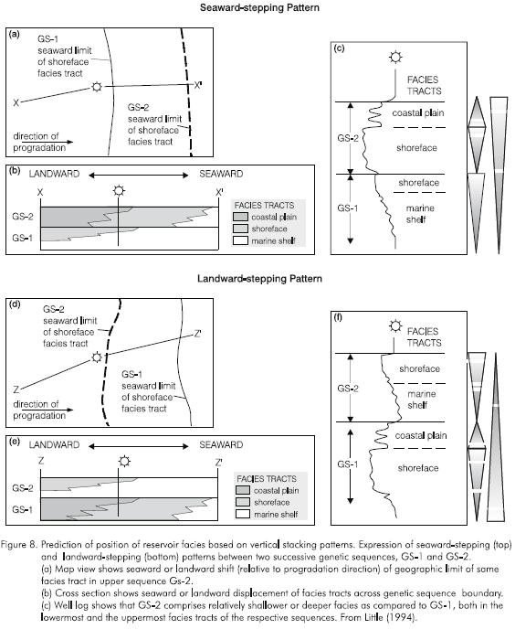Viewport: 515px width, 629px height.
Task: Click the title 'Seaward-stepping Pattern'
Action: pyautogui.click(x=259, y=7)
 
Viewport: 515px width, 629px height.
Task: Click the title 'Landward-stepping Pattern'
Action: pyautogui.click(x=259, y=279)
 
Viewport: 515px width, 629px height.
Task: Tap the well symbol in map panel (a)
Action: pyautogui.click(x=97, y=86)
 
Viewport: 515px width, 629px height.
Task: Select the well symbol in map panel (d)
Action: pyautogui.click(x=97, y=357)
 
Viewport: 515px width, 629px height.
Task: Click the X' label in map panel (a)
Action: pyautogui.click(x=198, y=85)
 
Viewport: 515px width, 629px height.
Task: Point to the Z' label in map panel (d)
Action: pyautogui.click(x=197, y=334)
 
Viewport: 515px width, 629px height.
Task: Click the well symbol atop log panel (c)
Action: pyautogui.click(x=395, y=58)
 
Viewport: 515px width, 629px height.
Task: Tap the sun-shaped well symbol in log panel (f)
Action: pyautogui.click(x=395, y=326)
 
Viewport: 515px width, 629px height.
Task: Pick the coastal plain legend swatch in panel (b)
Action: pyautogui.click(x=240, y=217)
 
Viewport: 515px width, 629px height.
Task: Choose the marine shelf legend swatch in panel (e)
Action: pyautogui.click(x=243, y=514)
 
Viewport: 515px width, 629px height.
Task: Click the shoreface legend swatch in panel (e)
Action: pyautogui.click(x=243, y=502)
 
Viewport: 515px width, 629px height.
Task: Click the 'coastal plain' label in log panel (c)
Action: pyautogui.click(x=418, y=113)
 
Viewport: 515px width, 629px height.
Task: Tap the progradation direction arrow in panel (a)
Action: pyautogui.click(x=47, y=142)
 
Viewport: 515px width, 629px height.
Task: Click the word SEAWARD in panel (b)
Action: pyautogui.click(x=221, y=174)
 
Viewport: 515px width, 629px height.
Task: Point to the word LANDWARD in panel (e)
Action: pyautogui.click(x=54, y=445)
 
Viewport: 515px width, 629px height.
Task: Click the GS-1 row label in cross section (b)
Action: pyautogui.click(x=23, y=238)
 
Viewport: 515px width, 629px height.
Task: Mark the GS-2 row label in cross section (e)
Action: pyautogui.click(x=23, y=488)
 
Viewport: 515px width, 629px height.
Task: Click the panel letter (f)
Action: pyautogui.click(x=339, y=318)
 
